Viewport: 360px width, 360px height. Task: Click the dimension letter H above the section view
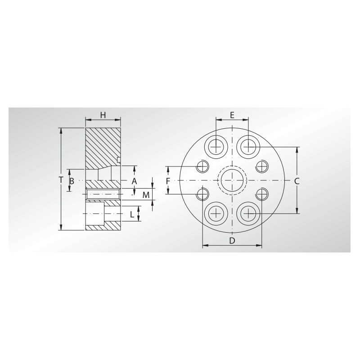(x=103, y=115)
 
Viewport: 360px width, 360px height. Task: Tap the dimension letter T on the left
(x=61, y=180)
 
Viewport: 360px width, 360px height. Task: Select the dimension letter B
(x=72, y=180)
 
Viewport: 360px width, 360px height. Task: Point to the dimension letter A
(x=134, y=180)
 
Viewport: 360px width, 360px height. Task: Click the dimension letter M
(x=145, y=195)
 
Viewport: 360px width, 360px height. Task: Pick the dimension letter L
(x=132, y=214)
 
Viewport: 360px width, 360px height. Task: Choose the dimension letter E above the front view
(x=232, y=115)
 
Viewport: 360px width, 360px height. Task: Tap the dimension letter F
(x=167, y=180)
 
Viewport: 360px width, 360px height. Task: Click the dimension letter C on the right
(x=297, y=180)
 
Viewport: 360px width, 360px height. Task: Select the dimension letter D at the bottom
(x=232, y=241)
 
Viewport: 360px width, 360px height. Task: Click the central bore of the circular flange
(x=232, y=180)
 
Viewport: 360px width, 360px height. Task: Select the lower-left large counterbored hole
(x=216, y=213)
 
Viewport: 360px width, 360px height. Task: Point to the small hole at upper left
(x=203, y=166)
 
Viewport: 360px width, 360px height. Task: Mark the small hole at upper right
(x=261, y=166)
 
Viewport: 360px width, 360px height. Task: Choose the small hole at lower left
(x=203, y=194)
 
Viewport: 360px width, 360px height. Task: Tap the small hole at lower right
(x=261, y=194)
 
